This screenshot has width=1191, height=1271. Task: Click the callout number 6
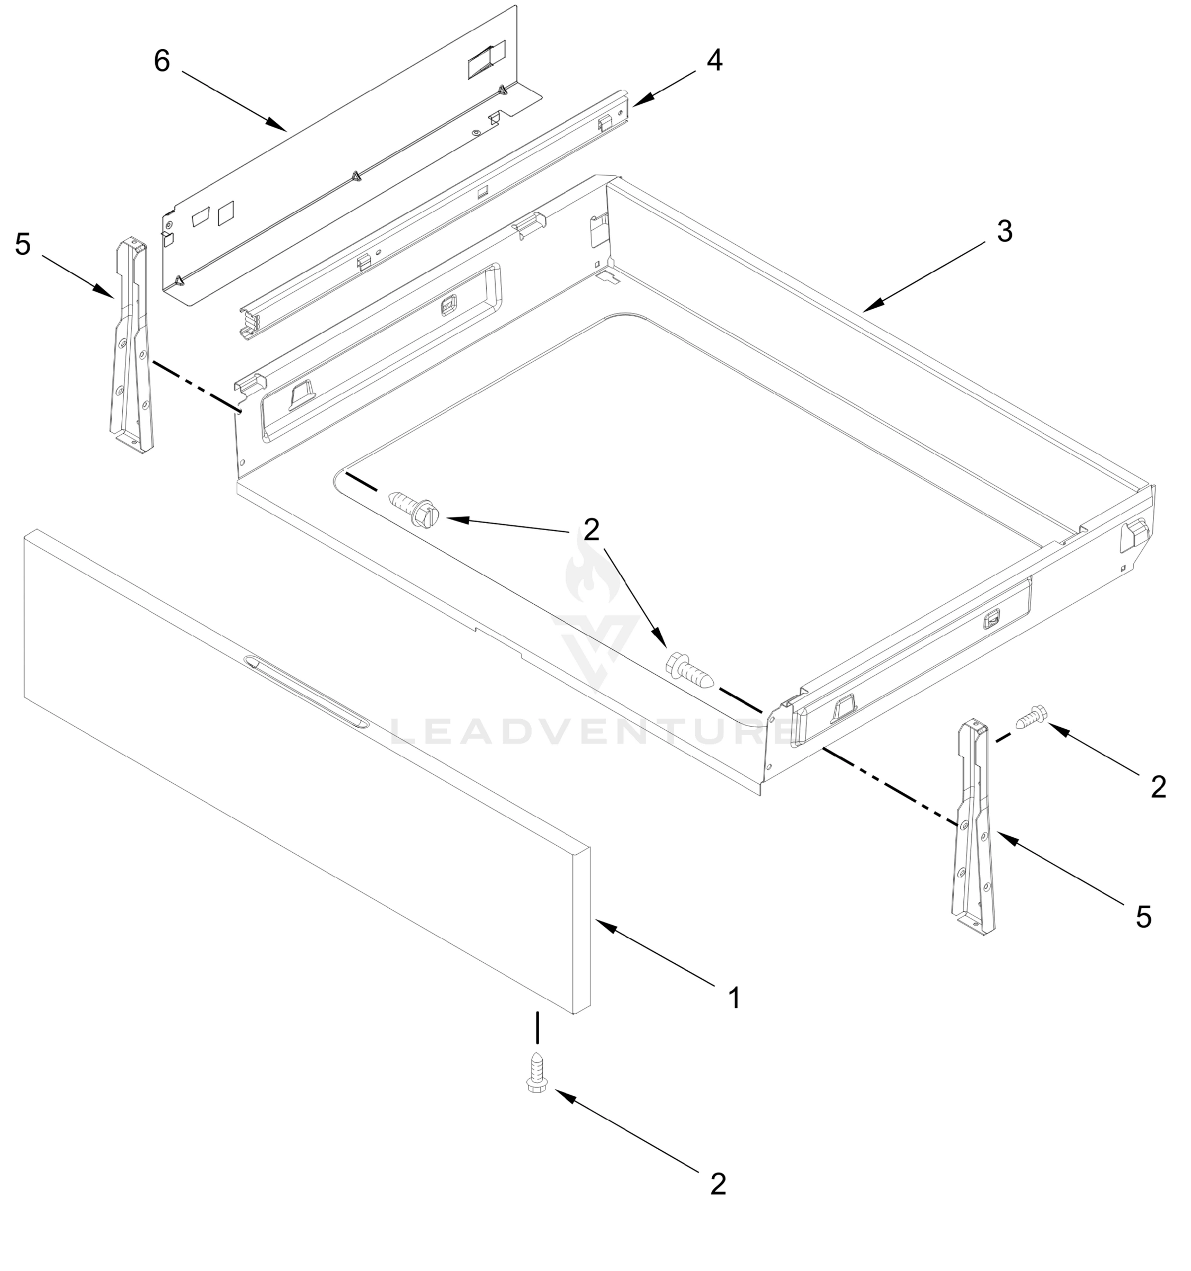[x=162, y=61]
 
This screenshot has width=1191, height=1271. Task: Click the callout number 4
[x=714, y=61]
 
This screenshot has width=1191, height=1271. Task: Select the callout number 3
[x=1004, y=231]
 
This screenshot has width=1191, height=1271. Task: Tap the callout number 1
[x=734, y=997]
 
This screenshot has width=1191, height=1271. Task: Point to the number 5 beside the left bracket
[x=23, y=244]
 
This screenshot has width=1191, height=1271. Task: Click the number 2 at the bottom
[x=718, y=1184]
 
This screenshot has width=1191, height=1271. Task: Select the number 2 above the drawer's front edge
[x=592, y=530]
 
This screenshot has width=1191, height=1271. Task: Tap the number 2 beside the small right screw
[x=1158, y=787]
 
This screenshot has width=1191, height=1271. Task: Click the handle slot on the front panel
[x=306, y=691]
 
